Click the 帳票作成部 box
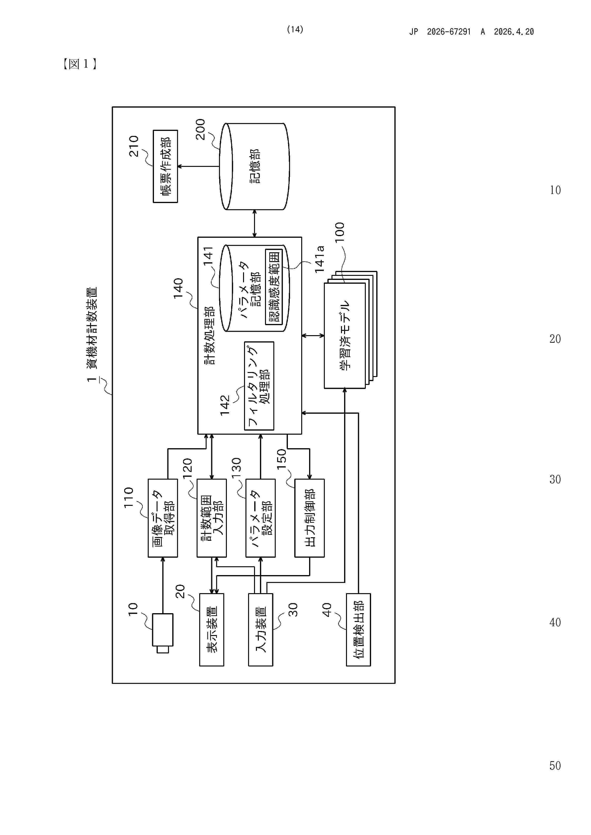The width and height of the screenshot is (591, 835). tap(165, 166)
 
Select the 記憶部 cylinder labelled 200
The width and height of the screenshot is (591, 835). tap(254, 166)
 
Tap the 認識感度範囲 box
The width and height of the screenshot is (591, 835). tap(274, 287)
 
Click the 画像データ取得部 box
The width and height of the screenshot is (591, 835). tap(163, 518)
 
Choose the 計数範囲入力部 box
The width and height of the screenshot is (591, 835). tap(212, 518)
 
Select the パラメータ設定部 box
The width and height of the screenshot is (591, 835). tap(260, 518)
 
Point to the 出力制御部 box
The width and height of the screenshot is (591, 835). tap(310, 518)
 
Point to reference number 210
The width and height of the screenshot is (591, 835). tap(134, 146)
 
